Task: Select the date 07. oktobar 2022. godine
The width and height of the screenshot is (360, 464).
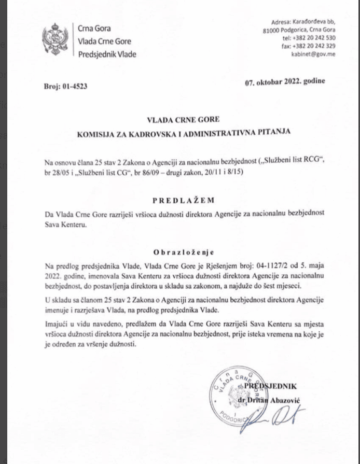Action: click(285, 81)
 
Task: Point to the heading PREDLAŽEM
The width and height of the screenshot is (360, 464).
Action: click(176, 200)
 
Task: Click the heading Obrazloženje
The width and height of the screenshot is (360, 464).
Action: click(176, 253)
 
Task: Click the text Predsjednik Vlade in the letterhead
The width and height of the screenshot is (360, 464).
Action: click(107, 54)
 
